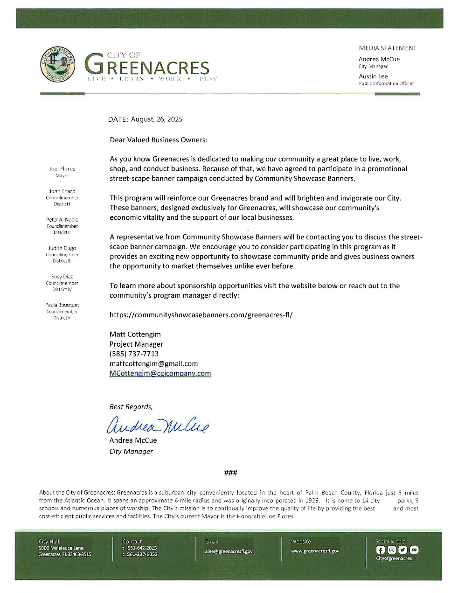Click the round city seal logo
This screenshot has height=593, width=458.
click(x=58, y=65)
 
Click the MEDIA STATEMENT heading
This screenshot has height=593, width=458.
click(x=388, y=48)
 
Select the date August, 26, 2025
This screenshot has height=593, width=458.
click(x=156, y=119)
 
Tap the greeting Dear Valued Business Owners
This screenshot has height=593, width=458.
click(x=159, y=140)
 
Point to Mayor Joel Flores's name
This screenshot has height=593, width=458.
click(x=62, y=169)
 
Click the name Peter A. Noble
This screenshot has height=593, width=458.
click(x=62, y=220)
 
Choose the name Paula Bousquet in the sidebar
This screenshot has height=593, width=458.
click(x=62, y=305)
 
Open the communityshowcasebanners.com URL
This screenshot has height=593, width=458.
click(x=201, y=315)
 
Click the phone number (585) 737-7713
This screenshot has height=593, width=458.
click(x=134, y=354)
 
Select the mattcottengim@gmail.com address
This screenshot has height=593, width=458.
click(x=153, y=364)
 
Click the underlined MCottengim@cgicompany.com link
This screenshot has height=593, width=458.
click(x=160, y=374)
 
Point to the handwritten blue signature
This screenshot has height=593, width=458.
click(x=158, y=425)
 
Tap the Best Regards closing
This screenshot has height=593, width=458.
click(x=131, y=407)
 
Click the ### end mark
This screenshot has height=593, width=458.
click(x=230, y=473)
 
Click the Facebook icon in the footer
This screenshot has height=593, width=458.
click(x=381, y=550)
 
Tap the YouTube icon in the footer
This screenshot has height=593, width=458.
click(x=414, y=550)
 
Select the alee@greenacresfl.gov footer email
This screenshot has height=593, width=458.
click(x=229, y=551)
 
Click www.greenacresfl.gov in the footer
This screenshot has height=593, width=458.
click(x=315, y=551)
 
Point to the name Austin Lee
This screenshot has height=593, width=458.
click(x=373, y=77)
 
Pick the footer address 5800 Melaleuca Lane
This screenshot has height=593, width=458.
click(x=61, y=548)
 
